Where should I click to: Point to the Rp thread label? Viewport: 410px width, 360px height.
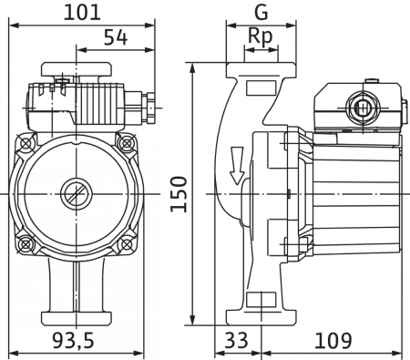(262, 37)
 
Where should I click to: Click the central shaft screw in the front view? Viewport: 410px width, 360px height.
(71, 193)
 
